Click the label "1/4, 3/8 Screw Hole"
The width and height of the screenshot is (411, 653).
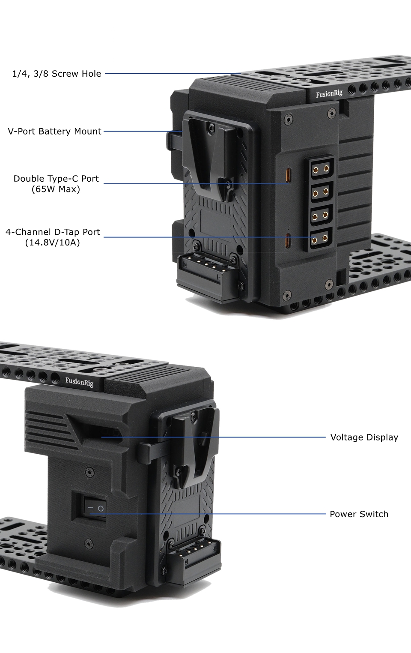57,74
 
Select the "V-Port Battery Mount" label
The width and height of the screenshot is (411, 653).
54,132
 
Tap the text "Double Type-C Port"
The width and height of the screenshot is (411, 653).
56,179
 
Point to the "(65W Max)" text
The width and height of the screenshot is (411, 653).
56,189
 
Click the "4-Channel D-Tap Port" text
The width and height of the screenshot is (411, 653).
53,232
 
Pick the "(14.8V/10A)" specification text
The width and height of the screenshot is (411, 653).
52,243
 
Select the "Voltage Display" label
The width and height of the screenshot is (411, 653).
364,437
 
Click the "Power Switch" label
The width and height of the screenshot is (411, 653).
359,514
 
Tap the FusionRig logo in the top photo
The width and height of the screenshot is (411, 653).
329,94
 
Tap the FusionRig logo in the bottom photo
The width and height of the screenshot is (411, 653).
79,381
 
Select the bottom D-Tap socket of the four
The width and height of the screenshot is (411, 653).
320,240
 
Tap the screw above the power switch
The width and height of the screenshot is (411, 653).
89,472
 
